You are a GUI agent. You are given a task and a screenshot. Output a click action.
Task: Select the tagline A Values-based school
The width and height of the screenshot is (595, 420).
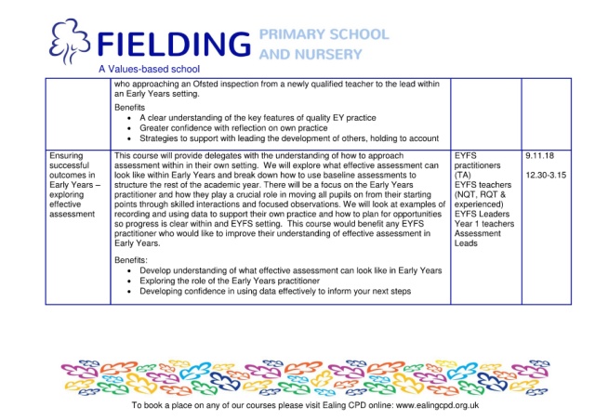(x=149, y=69)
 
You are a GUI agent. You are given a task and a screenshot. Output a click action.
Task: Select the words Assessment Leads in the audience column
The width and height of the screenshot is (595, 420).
(x=481, y=239)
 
